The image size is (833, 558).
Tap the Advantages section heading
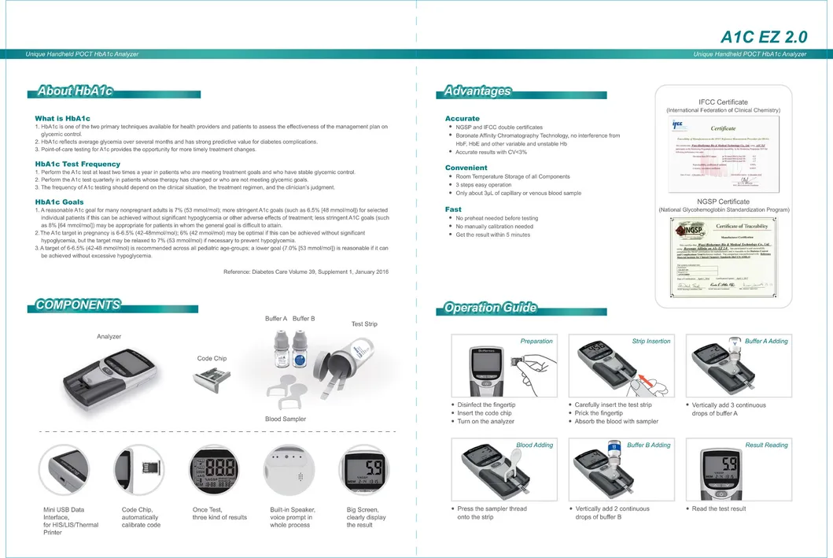[477, 91]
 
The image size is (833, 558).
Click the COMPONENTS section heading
[78, 305]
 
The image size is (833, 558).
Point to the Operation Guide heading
[490, 308]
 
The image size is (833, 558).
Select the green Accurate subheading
[463, 118]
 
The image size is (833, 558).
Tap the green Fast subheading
[453, 209]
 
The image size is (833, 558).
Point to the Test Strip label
[364, 324]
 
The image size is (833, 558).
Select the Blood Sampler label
[286, 419]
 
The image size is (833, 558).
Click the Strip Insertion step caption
[651, 342]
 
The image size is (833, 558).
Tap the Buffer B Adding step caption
[649, 445]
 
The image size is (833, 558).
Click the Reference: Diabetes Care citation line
[306, 272]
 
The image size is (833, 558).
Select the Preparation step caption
[536, 342]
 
